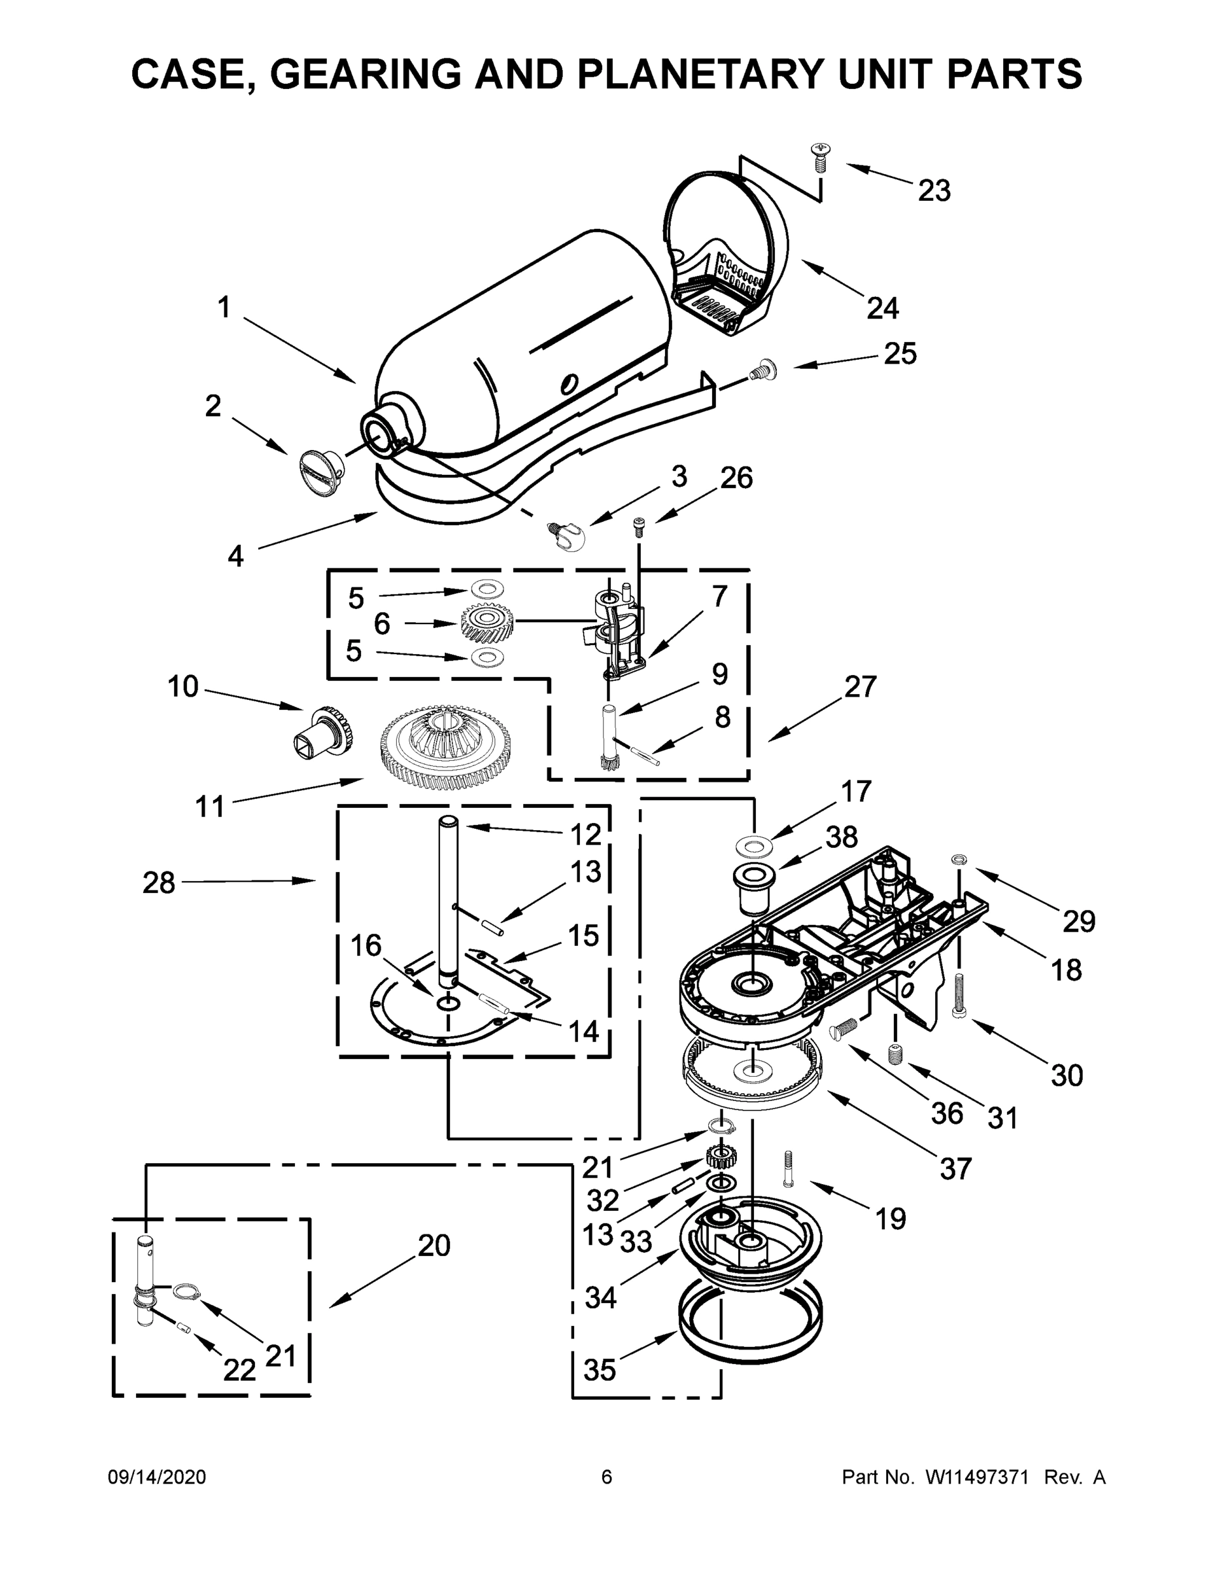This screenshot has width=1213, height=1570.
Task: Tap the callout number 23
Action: point(934,191)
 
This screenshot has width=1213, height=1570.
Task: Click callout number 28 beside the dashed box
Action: point(159,882)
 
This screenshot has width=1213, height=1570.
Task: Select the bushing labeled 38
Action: point(753,888)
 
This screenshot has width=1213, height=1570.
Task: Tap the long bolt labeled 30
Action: point(959,994)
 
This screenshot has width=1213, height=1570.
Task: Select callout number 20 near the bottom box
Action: point(434,1246)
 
